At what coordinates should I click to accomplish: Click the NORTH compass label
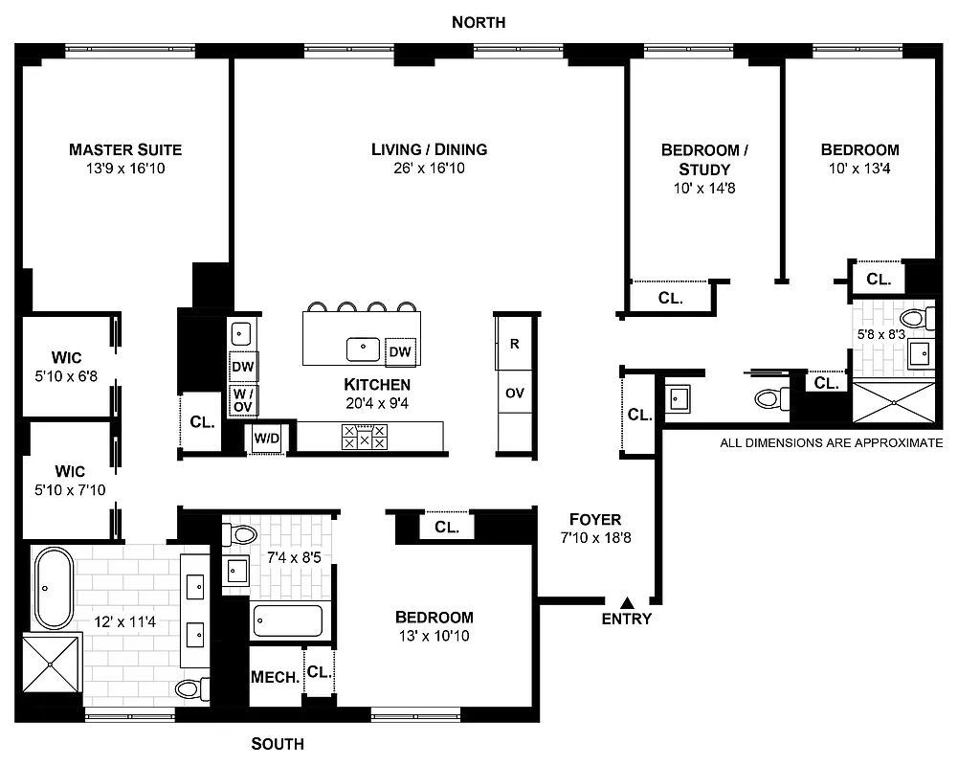coord(479,22)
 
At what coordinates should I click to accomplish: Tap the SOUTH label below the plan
coord(278,743)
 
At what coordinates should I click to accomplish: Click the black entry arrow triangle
coord(626,601)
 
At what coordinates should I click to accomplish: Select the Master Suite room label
coord(125,149)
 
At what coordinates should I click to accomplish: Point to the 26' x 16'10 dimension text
coord(429,169)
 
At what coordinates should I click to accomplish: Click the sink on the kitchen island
coord(364,347)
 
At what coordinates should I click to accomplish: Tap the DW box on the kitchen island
coord(400,352)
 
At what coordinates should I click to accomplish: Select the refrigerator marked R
coord(514,343)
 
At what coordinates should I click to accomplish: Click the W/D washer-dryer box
coord(266,439)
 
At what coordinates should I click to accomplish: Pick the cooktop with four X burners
coord(365,437)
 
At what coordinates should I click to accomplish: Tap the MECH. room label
coord(271,677)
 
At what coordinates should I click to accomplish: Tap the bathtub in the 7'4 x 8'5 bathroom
coord(288,620)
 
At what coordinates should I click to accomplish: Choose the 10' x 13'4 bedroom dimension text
coord(859,169)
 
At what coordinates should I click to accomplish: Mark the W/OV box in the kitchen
coord(243,399)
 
